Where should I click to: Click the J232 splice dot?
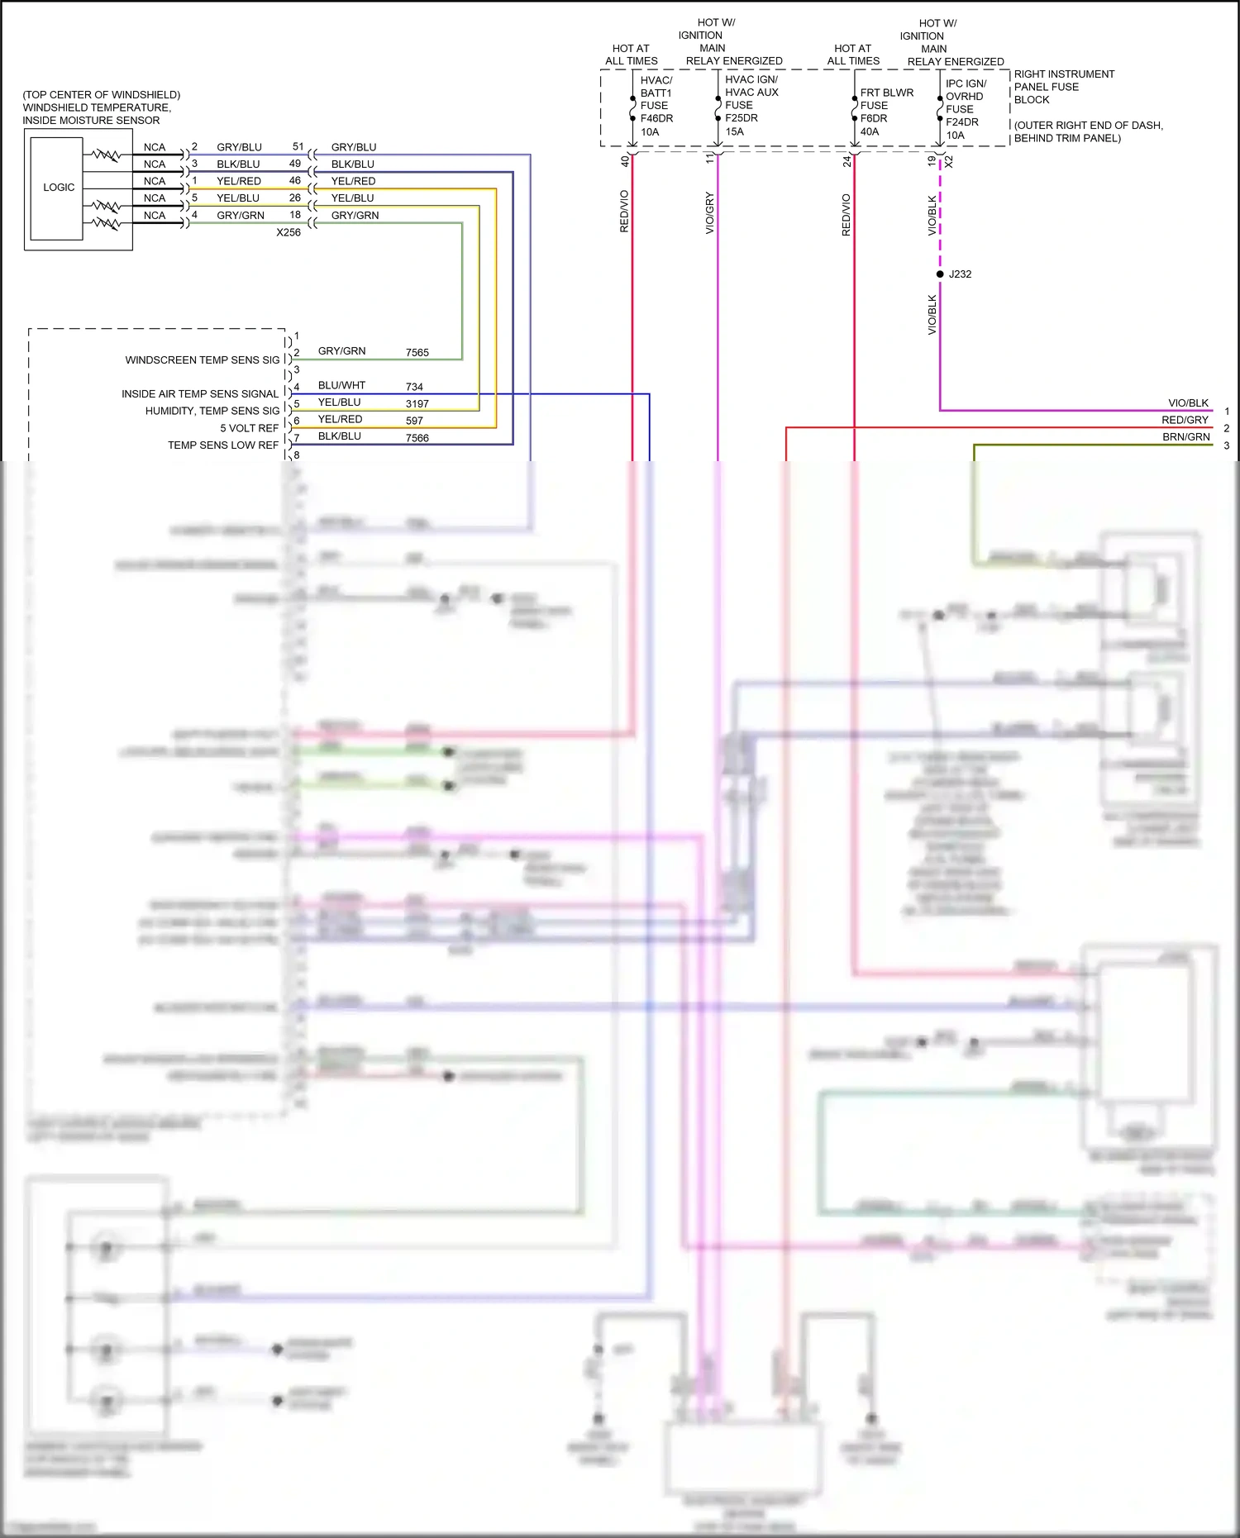tap(940, 274)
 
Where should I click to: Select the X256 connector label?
tap(289, 232)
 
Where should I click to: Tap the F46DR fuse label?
tap(656, 118)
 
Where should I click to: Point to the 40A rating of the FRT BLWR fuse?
tap(870, 131)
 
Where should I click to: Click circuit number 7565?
tap(417, 353)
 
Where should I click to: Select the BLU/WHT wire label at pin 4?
tap(341, 385)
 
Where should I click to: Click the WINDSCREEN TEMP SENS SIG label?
tap(202, 360)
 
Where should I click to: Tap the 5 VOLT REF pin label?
tap(249, 428)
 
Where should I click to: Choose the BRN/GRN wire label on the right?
tap(1185, 437)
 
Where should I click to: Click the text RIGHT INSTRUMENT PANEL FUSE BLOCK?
tap(1063, 87)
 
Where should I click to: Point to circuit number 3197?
tap(417, 404)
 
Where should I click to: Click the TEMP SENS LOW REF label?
tap(223, 445)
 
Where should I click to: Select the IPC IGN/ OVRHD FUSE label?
tap(966, 96)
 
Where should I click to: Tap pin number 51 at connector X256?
tap(298, 146)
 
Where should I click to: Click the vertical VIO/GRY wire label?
tap(709, 213)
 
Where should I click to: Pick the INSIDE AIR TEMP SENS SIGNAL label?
tap(200, 394)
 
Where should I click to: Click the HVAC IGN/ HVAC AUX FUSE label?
tap(751, 92)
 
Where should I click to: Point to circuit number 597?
tap(414, 421)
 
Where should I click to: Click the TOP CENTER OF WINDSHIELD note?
tap(101, 95)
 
